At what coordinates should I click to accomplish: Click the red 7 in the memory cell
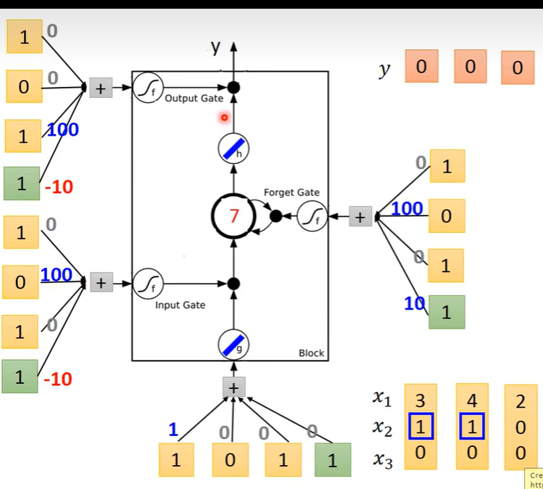[233, 216]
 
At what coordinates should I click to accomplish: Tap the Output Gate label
[194, 99]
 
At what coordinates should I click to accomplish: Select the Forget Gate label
[291, 193]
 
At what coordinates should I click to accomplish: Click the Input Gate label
[180, 305]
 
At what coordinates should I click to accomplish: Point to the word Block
[312, 353]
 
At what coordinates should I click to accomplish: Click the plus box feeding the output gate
[101, 89]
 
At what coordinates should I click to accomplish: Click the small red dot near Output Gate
[224, 117]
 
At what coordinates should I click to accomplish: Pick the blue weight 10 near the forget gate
[413, 304]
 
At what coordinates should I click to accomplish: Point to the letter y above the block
[215, 47]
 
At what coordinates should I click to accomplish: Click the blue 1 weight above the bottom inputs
[173, 430]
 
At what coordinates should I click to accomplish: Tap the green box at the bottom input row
[331, 460]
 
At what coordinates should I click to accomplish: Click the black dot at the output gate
[233, 88]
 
